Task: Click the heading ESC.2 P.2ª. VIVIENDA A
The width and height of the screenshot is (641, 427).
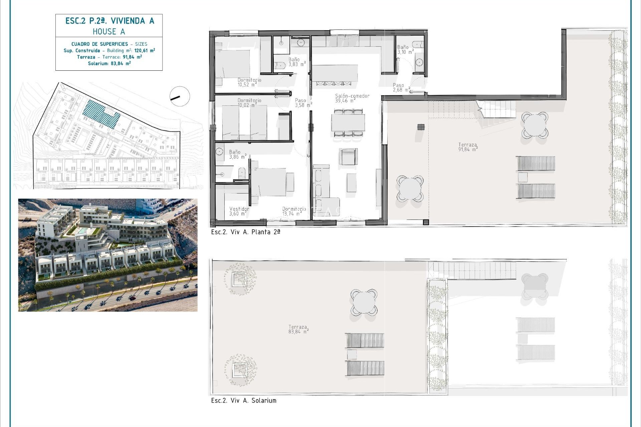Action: (x=110, y=21)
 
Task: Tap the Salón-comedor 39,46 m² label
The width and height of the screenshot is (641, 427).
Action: (x=352, y=98)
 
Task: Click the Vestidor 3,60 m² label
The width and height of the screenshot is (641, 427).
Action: (x=239, y=211)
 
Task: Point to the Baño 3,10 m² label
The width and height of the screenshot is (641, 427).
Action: (x=405, y=50)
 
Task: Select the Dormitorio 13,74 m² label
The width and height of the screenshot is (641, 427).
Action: (x=294, y=211)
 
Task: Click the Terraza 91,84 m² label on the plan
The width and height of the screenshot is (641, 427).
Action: (x=468, y=147)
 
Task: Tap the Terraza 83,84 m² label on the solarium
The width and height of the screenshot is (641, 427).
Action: (x=298, y=329)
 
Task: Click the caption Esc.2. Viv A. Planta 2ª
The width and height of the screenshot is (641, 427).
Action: (x=245, y=232)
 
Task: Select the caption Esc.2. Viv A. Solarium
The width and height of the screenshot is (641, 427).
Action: (x=244, y=400)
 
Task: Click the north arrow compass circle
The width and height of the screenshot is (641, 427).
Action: (x=180, y=96)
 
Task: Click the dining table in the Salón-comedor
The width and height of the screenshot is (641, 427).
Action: (x=348, y=122)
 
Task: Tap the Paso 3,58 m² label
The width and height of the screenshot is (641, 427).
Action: (x=303, y=103)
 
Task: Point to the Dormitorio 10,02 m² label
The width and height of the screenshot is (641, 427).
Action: (x=249, y=102)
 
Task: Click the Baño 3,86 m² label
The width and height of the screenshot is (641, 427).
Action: (x=237, y=154)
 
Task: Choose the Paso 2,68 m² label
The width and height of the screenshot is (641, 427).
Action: (x=401, y=87)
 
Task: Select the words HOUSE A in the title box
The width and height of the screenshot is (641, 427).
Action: (x=109, y=32)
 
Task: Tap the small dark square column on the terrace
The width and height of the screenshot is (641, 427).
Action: (x=421, y=127)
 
